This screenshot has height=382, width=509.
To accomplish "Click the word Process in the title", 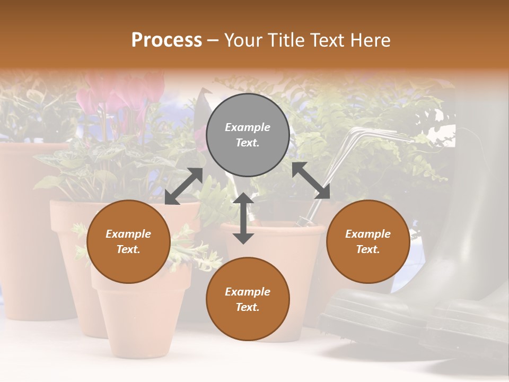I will pyautogui.click(x=166, y=40).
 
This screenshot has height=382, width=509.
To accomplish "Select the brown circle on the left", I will pyautogui.click(x=128, y=241).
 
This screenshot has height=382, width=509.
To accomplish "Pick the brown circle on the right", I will pyautogui.click(x=368, y=241).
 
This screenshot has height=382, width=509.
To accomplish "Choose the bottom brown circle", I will pyautogui.click(x=248, y=299).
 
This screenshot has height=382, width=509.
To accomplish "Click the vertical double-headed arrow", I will pyautogui.click(x=243, y=218).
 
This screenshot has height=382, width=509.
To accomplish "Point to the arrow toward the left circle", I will pyautogui.click(x=183, y=186).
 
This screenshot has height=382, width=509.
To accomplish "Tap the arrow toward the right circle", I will pyautogui.click(x=311, y=180).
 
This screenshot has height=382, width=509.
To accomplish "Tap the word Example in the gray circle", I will pyautogui.click(x=248, y=127).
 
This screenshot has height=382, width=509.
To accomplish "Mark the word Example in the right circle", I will pyautogui.click(x=368, y=234).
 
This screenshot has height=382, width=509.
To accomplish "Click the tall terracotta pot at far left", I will pyautogui.click(x=27, y=228).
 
